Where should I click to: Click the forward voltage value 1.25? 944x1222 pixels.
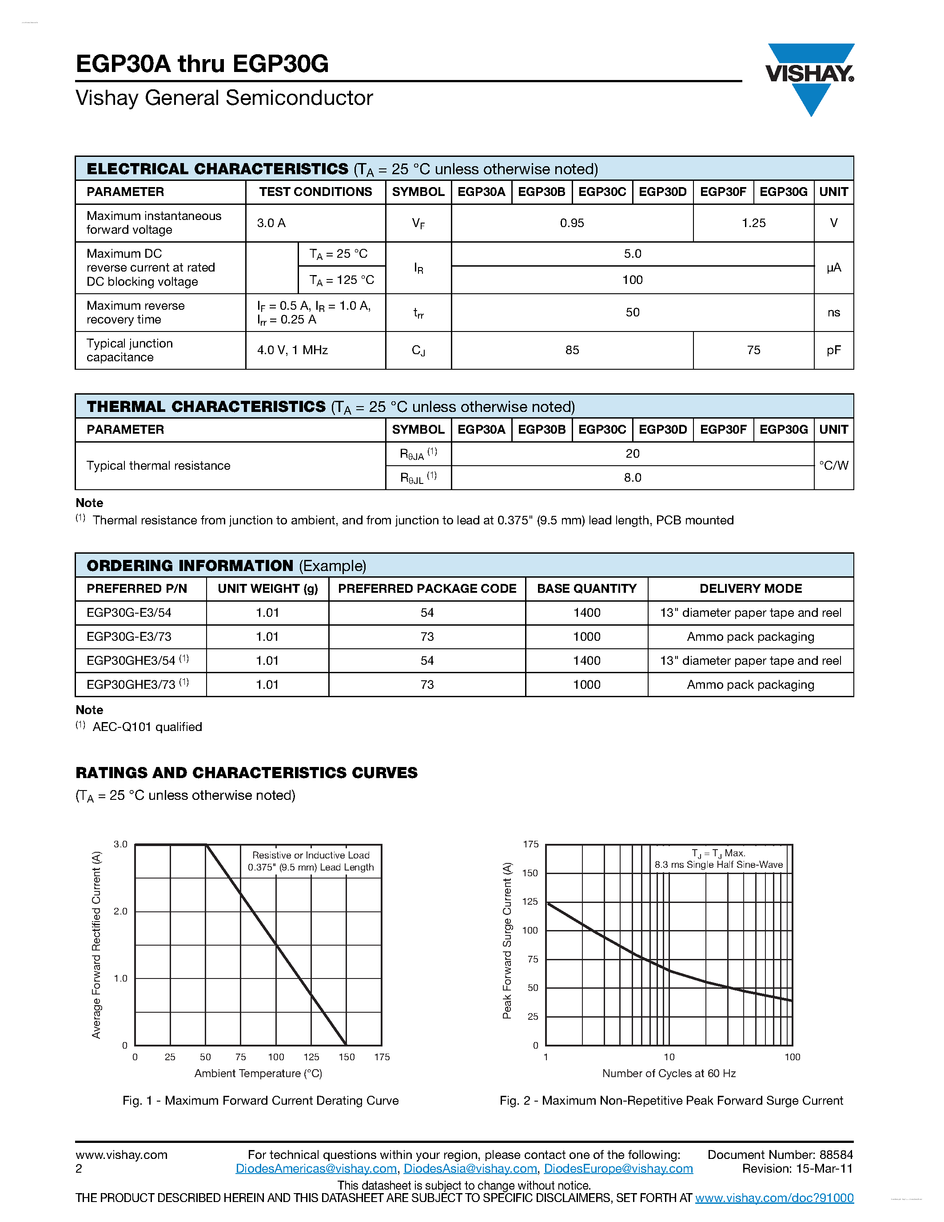pos(753,223)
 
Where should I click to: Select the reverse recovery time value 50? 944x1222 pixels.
pos(632,312)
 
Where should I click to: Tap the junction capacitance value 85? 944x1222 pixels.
pos(572,350)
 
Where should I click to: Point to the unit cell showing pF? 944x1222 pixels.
pos(833,350)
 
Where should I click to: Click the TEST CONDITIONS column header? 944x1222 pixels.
pos(315,192)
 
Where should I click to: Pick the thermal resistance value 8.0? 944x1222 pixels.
pos(632,478)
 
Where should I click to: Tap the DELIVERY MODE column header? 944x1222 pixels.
pos(750,589)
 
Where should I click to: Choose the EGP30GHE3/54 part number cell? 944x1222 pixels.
pos(131,661)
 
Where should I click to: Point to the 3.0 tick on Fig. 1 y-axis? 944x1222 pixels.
pos(120,844)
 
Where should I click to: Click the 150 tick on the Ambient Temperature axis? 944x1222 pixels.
pos(346,1057)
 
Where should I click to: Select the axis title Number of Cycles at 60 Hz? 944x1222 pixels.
pos(669,1073)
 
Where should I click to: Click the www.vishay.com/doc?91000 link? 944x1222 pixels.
pos(774,1198)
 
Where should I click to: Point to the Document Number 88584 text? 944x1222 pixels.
pos(780,1154)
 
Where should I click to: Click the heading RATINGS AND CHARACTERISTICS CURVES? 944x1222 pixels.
pos(247,773)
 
